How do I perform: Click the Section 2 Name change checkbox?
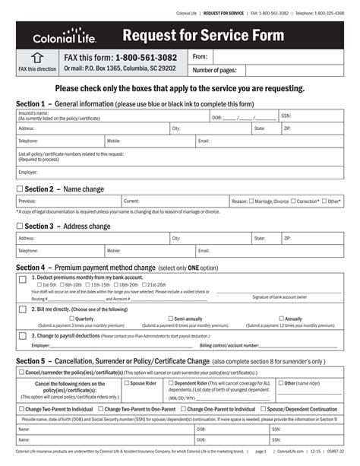pos(20,189)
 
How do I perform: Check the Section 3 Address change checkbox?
pos(20,226)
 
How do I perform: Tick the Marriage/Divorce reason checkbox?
pos(252,201)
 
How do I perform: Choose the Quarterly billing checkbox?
pos(71,319)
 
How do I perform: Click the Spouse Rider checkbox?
pos(127,383)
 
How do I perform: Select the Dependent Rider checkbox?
pos(171,383)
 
